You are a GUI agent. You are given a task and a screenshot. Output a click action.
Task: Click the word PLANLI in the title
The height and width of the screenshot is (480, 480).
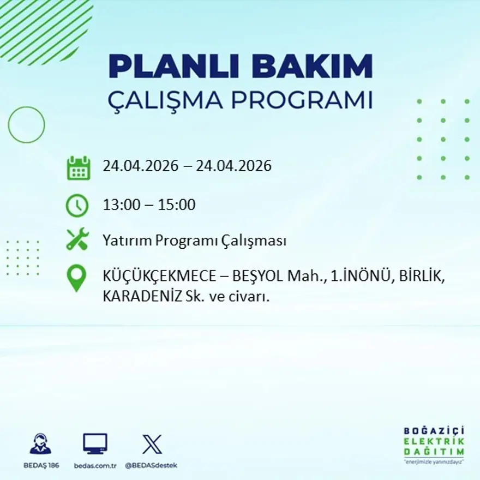click(x=167, y=67)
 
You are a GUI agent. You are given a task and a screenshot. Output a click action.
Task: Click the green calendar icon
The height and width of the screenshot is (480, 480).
click(x=78, y=167)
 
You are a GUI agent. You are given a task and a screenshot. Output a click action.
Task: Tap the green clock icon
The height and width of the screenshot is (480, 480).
click(x=77, y=206)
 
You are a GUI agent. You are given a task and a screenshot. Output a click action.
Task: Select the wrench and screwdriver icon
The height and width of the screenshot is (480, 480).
click(x=77, y=239)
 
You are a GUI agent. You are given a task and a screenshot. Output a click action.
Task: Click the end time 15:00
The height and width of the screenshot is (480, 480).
click(x=176, y=206)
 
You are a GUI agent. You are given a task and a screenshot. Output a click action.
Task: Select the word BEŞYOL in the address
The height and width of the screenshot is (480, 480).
click(x=257, y=277)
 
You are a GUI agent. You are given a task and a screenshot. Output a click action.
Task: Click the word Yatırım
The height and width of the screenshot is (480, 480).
click(x=126, y=241)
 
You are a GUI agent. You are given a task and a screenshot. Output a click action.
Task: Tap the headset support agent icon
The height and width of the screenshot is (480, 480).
click(x=40, y=444)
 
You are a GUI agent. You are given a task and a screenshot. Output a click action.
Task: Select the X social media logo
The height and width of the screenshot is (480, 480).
click(x=152, y=444)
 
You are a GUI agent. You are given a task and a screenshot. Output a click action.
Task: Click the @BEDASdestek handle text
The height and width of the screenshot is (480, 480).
click(x=151, y=465)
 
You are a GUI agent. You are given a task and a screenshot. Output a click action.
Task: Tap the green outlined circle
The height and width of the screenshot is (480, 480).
click(x=26, y=125)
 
